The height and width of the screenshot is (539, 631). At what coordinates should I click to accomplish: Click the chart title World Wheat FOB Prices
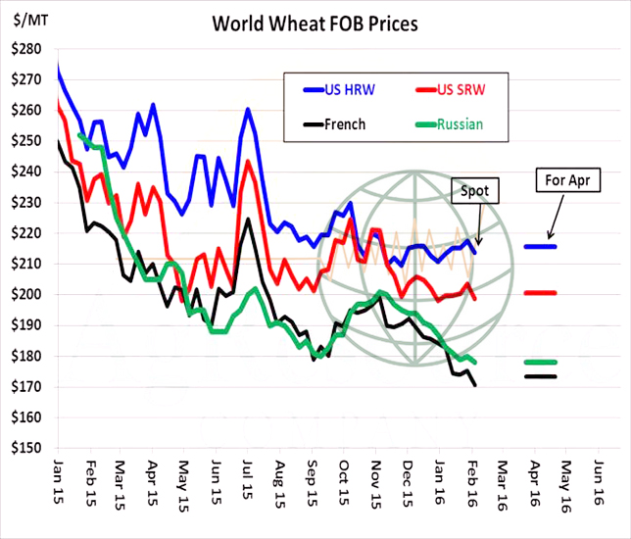(x=315, y=23)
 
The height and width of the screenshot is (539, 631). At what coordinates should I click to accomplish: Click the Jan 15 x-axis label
(x=59, y=487)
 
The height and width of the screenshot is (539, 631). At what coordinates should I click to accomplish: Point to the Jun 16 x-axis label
(x=597, y=487)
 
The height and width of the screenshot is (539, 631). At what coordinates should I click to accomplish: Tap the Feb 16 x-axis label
(x=470, y=487)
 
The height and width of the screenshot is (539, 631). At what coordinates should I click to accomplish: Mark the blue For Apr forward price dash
(x=540, y=246)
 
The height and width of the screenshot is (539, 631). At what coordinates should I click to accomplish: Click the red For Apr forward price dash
(x=540, y=292)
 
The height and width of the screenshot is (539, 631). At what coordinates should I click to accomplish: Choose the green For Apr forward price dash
(x=540, y=362)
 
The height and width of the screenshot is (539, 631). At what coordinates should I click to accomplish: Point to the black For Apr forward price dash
(x=540, y=376)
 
